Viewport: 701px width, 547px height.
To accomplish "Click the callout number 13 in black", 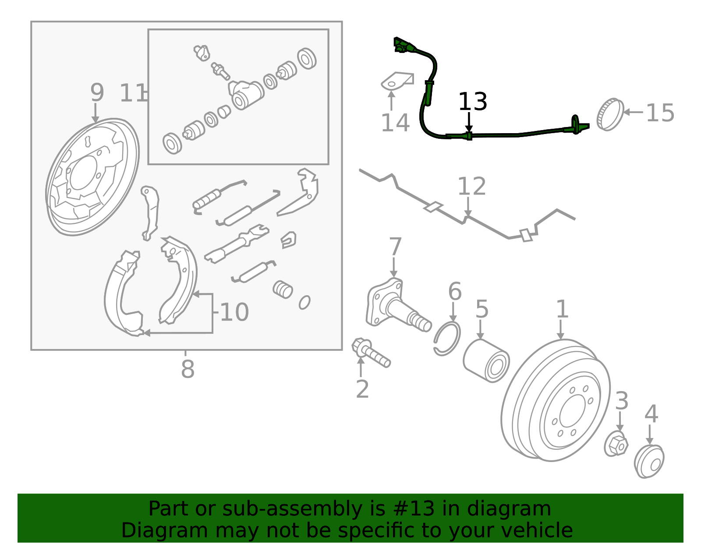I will (472, 102).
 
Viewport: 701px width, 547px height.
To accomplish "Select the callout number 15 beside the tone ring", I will (660, 113).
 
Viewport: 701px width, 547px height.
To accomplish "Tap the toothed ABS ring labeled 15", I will (610, 114).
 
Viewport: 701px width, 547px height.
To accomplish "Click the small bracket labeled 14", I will (397, 81).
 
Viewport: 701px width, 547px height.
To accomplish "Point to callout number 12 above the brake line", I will (471, 187).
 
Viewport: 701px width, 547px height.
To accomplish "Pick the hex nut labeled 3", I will (616, 445).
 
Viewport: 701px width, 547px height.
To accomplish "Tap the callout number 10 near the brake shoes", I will (234, 313).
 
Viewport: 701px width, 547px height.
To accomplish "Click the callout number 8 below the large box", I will (188, 369).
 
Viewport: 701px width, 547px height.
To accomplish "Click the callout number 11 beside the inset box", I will (133, 93).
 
